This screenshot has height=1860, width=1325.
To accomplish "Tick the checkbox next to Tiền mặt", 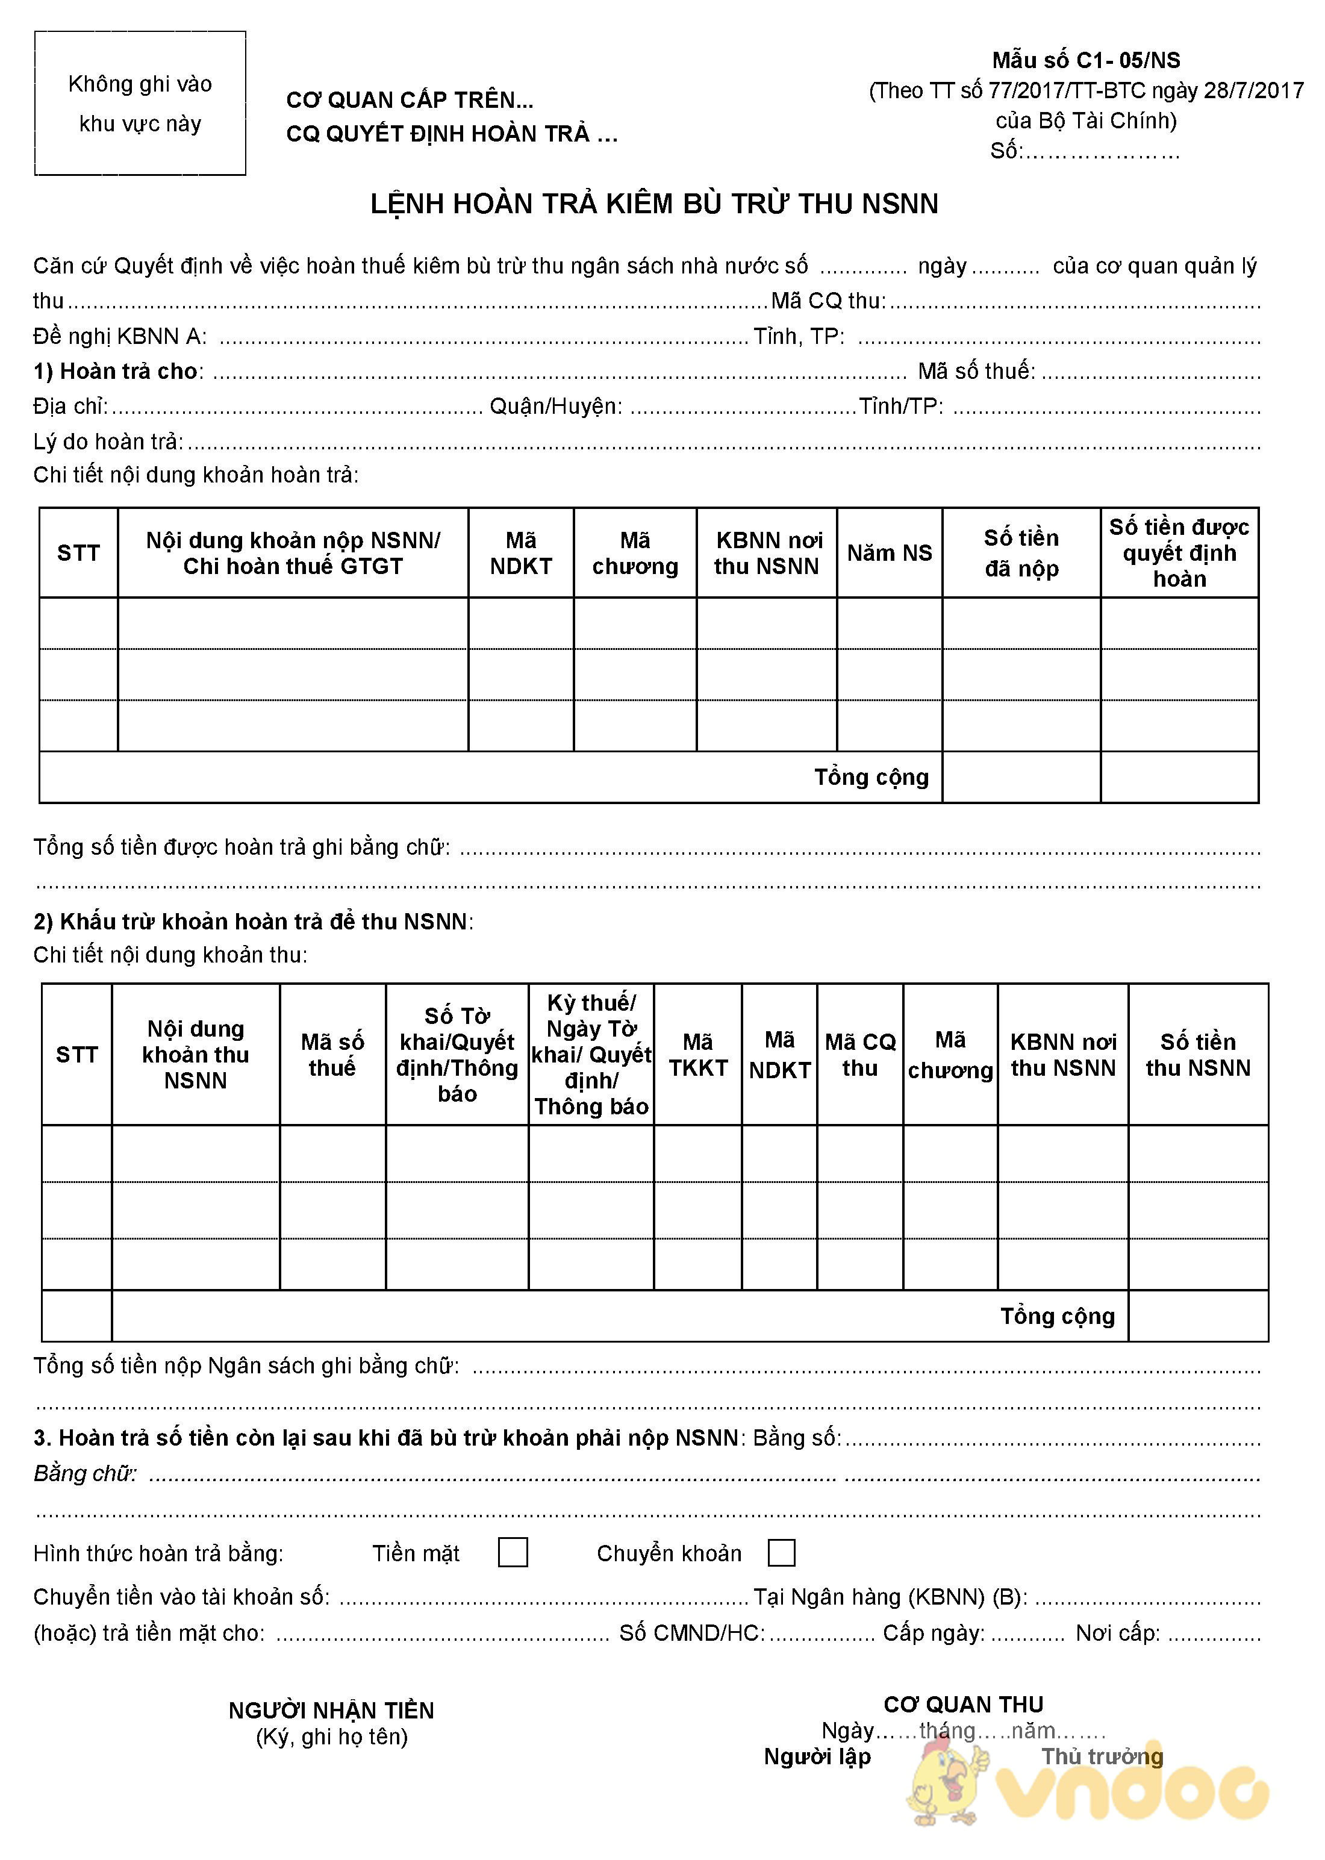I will pyautogui.click(x=513, y=1552).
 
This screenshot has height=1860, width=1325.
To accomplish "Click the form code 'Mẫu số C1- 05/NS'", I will pyautogui.click(x=1085, y=60).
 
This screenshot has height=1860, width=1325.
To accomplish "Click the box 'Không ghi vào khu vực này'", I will pyautogui.click(x=140, y=104).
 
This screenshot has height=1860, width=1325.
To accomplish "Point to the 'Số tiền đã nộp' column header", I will pyautogui.click(x=1021, y=553).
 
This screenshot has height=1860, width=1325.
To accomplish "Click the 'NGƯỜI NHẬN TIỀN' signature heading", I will pyautogui.click(x=331, y=1711).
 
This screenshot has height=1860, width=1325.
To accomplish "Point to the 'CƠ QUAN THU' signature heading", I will pyautogui.click(x=963, y=1704).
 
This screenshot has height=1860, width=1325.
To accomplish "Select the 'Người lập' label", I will pyautogui.click(x=817, y=1756).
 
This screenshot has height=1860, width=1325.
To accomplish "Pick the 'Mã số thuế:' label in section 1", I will pyautogui.click(x=976, y=371).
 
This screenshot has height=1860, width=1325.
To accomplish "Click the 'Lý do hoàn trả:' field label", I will pyautogui.click(x=108, y=442).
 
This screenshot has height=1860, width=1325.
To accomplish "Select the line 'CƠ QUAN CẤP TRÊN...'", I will pyautogui.click(x=410, y=101).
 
